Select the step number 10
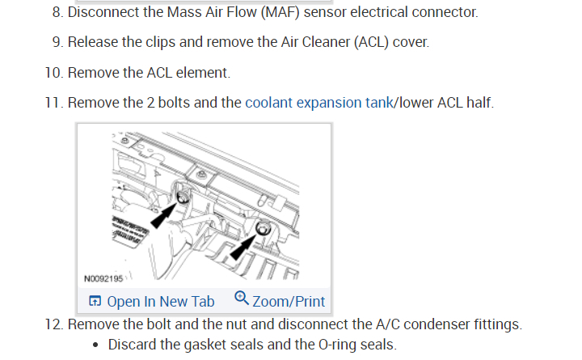click(x=53, y=73)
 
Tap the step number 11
click(x=53, y=103)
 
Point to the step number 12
click(x=53, y=325)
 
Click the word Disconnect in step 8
click(x=103, y=13)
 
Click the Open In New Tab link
click(x=160, y=302)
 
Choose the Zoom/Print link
click(x=289, y=302)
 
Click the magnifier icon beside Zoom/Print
click(x=241, y=300)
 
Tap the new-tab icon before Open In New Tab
click(x=95, y=302)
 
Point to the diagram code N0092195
click(x=103, y=278)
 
